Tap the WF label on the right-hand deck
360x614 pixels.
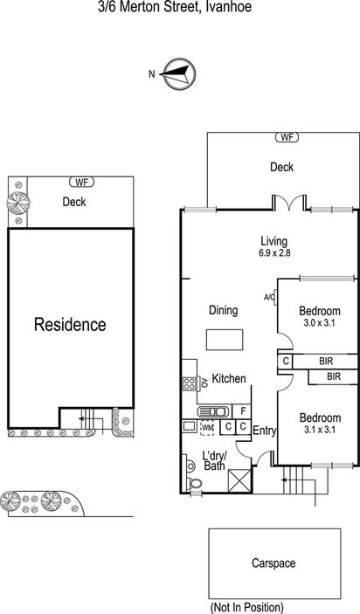pos(287,137)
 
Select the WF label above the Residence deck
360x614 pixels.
pos(82,182)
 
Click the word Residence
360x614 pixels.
pos(70,325)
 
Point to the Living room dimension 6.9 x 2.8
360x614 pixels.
pos(273,253)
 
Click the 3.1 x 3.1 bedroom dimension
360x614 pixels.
pos(319,429)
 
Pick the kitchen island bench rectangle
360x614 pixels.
pos(220,339)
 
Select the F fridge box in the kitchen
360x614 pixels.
pos(243,410)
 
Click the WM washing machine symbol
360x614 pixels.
pos(207,428)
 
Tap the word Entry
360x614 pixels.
pos(265,431)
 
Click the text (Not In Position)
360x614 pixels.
pos(246,607)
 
